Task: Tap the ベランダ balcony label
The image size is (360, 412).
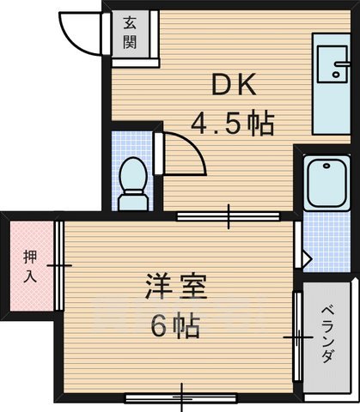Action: [x=327, y=335]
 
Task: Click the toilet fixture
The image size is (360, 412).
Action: [x=135, y=180]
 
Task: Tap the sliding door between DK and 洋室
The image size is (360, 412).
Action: [x=229, y=216]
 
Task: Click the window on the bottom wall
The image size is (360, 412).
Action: [x=183, y=397]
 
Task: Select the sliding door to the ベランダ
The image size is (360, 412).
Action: [x=297, y=340]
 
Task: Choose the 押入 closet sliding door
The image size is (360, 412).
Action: [x=58, y=266]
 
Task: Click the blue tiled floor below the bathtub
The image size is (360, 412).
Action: [x=325, y=232]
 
